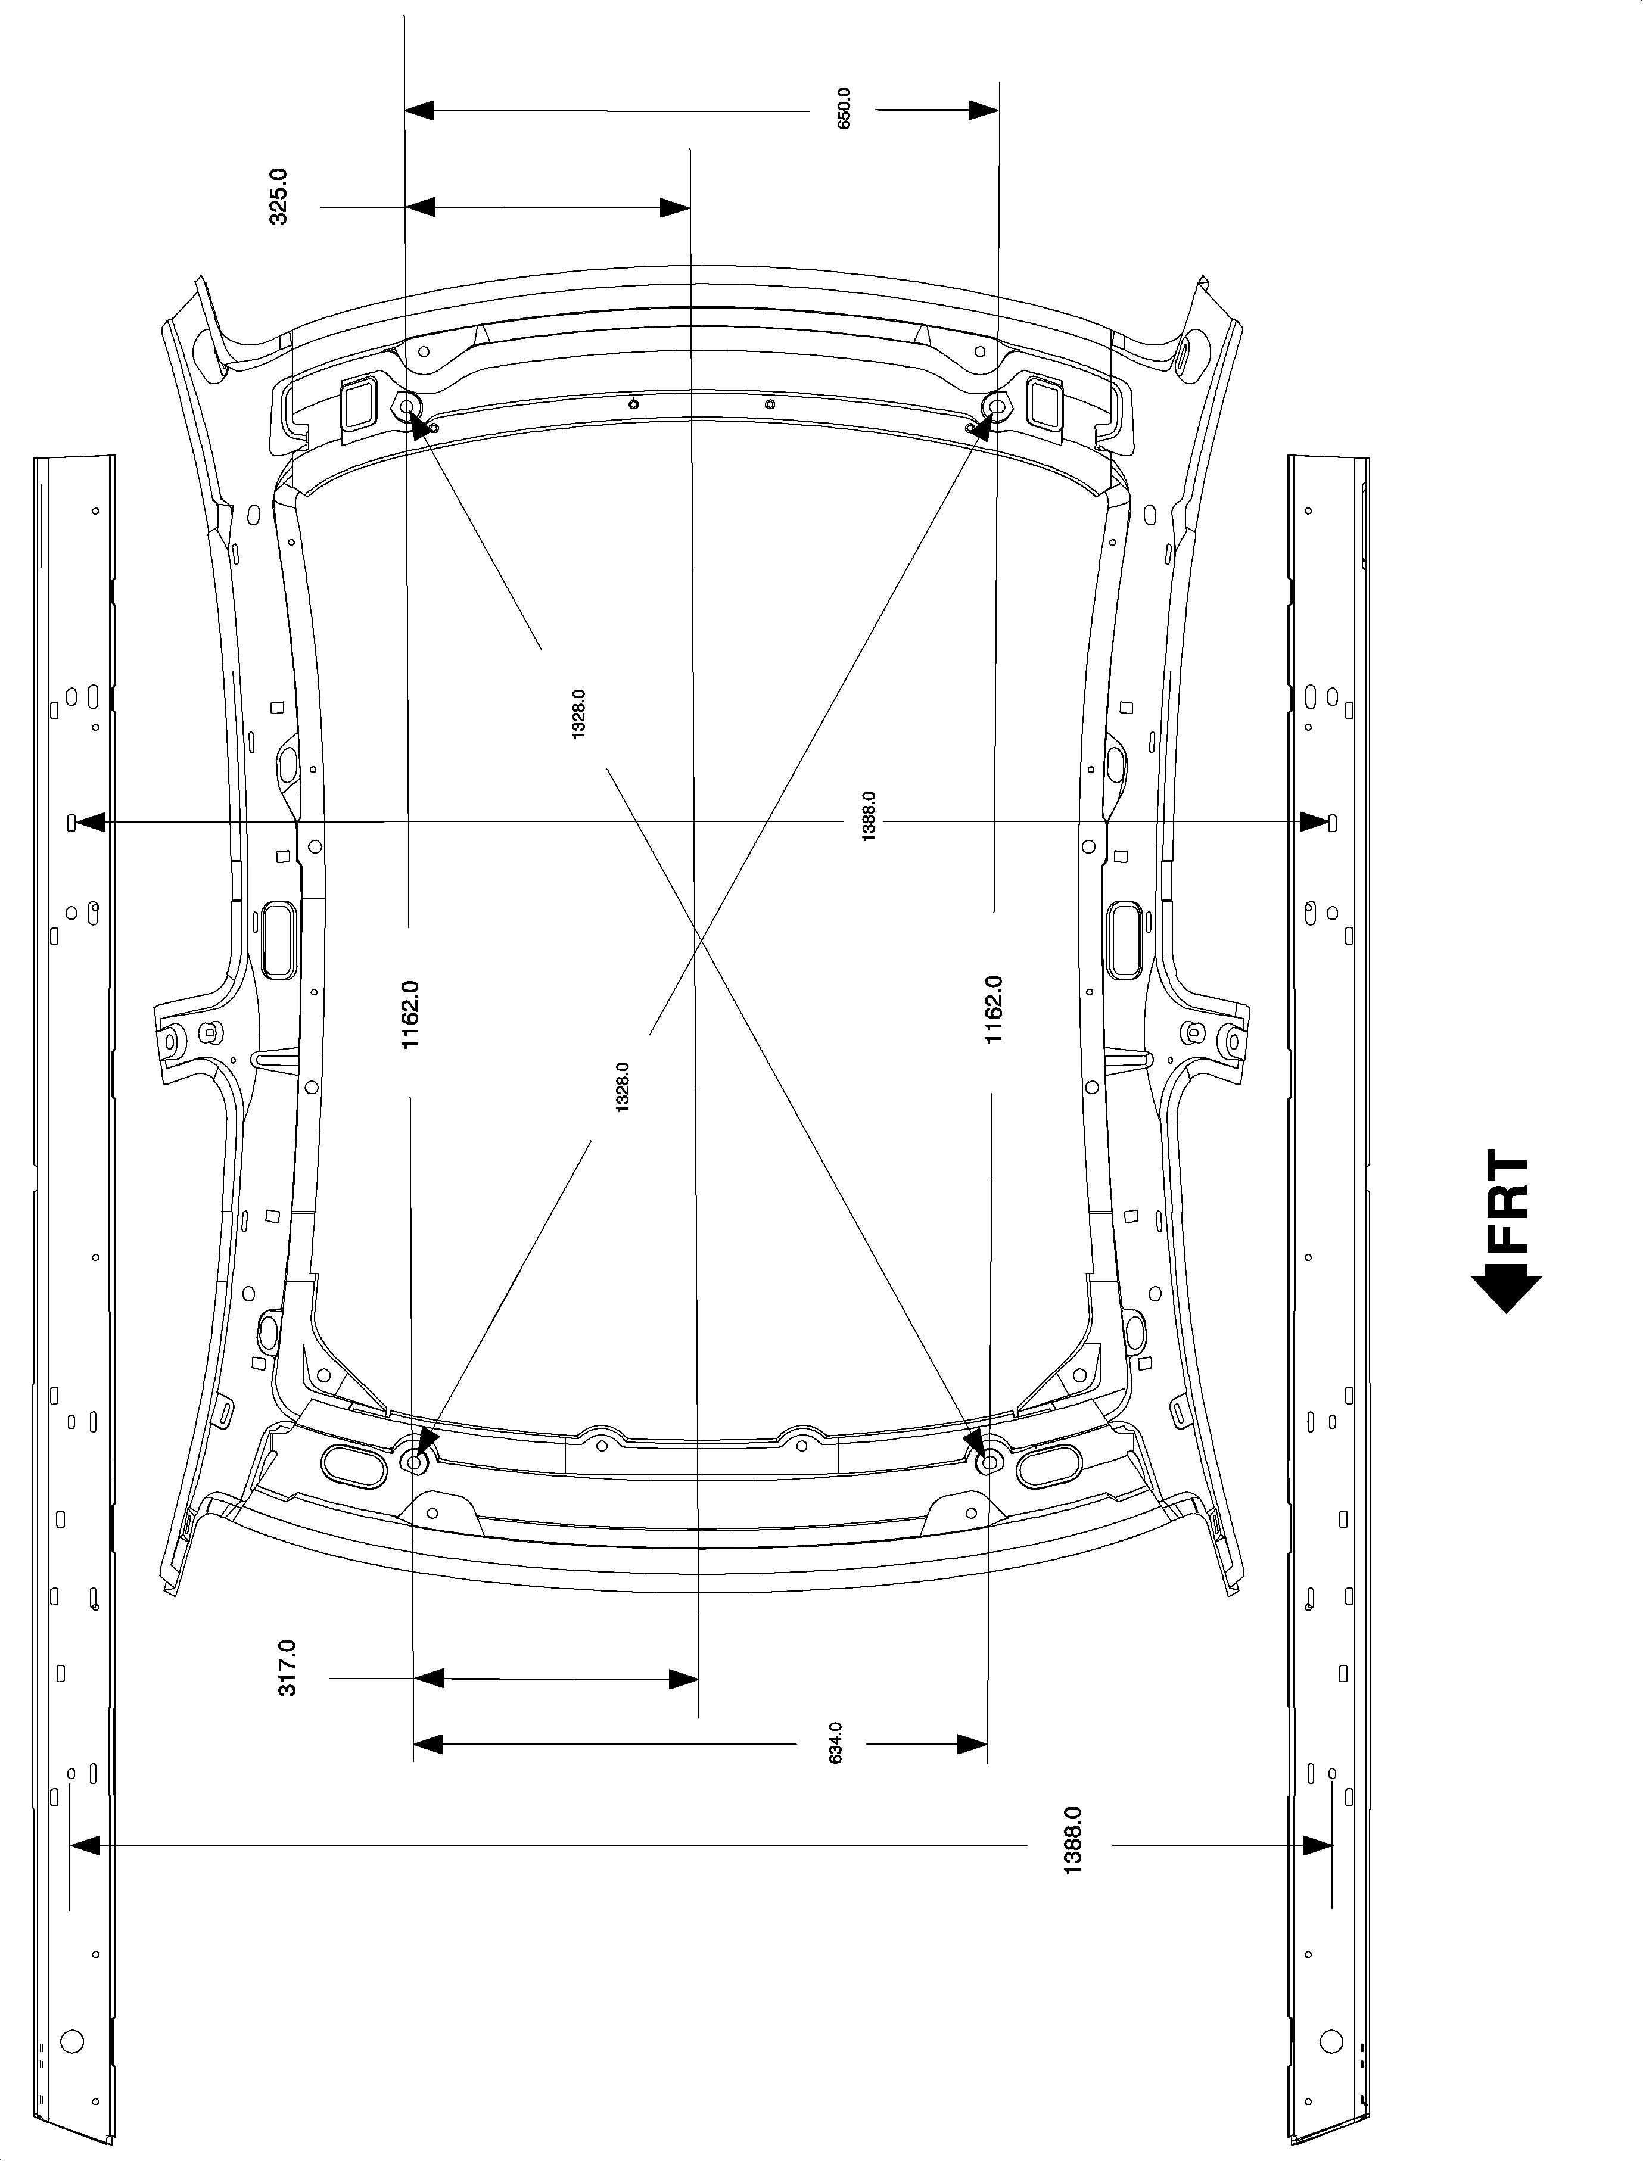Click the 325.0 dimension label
[279, 197]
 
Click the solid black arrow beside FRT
[1506, 1290]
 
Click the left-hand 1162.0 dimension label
[410, 1015]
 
